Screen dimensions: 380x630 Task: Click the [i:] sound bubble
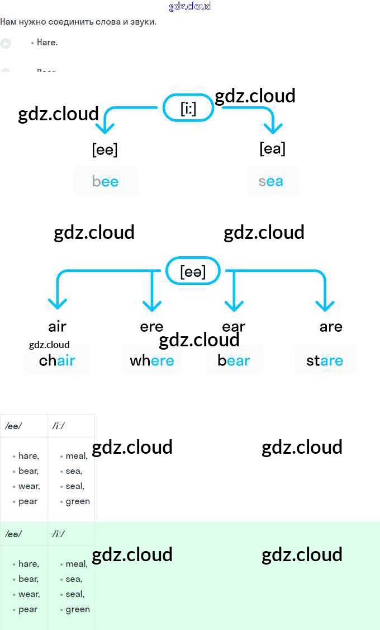(x=188, y=108)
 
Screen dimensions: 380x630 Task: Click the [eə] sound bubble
(x=193, y=272)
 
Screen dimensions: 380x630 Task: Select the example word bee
(x=106, y=181)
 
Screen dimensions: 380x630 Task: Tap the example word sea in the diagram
(x=271, y=181)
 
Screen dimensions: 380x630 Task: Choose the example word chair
(x=57, y=361)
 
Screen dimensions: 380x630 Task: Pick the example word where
(x=152, y=361)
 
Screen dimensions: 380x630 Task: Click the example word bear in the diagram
(x=234, y=361)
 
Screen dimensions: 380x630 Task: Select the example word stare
(x=325, y=361)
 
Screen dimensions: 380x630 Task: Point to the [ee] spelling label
(x=104, y=150)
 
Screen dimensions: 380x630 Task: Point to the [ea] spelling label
(x=272, y=149)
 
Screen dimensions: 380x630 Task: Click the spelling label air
(x=57, y=327)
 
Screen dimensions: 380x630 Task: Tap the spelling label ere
(x=151, y=327)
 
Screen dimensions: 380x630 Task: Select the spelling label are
(x=331, y=327)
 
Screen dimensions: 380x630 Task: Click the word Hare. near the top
(x=47, y=43)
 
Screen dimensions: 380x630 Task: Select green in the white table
(x=78, y=501)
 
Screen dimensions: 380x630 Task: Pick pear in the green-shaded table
(x=28, y=609)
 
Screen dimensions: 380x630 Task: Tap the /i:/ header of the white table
(x=59, y=426)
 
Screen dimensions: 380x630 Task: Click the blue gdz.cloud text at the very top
(x=190, y=6)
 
